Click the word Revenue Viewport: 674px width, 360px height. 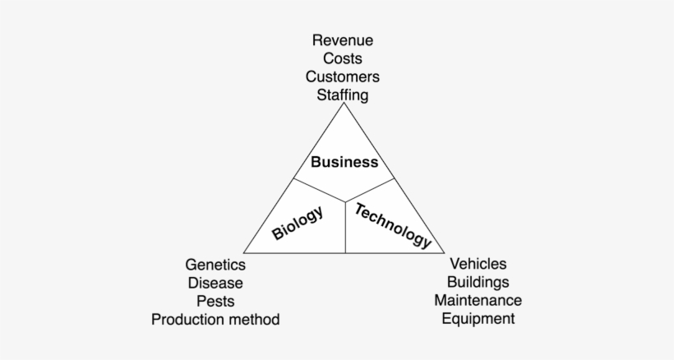tap(343, 40)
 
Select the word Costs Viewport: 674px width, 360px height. tap(343, 58)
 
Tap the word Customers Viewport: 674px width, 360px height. tap(343, 77)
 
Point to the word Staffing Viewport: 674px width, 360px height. tap(343, 95)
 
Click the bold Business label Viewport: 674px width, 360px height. tap(344, 162)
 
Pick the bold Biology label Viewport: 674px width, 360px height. tap(298, 223)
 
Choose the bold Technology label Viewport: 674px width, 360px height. tap(392, 226)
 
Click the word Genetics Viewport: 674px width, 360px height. tap(215, 265)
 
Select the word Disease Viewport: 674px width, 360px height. tap(215, 283)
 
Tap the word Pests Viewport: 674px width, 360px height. tap(215, 301)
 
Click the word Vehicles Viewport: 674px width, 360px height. tap(478, 264)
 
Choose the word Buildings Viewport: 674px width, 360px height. tap(478, 282)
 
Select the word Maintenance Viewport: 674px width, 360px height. tap(478, 300)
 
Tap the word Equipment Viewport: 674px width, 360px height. tap(478, 319)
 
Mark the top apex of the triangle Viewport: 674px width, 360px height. tap(344, 103)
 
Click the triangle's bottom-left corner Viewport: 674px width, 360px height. tap(244, 253)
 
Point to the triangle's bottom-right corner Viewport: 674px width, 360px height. tap(444, 253)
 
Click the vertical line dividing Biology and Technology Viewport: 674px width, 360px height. tap(345, 227)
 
